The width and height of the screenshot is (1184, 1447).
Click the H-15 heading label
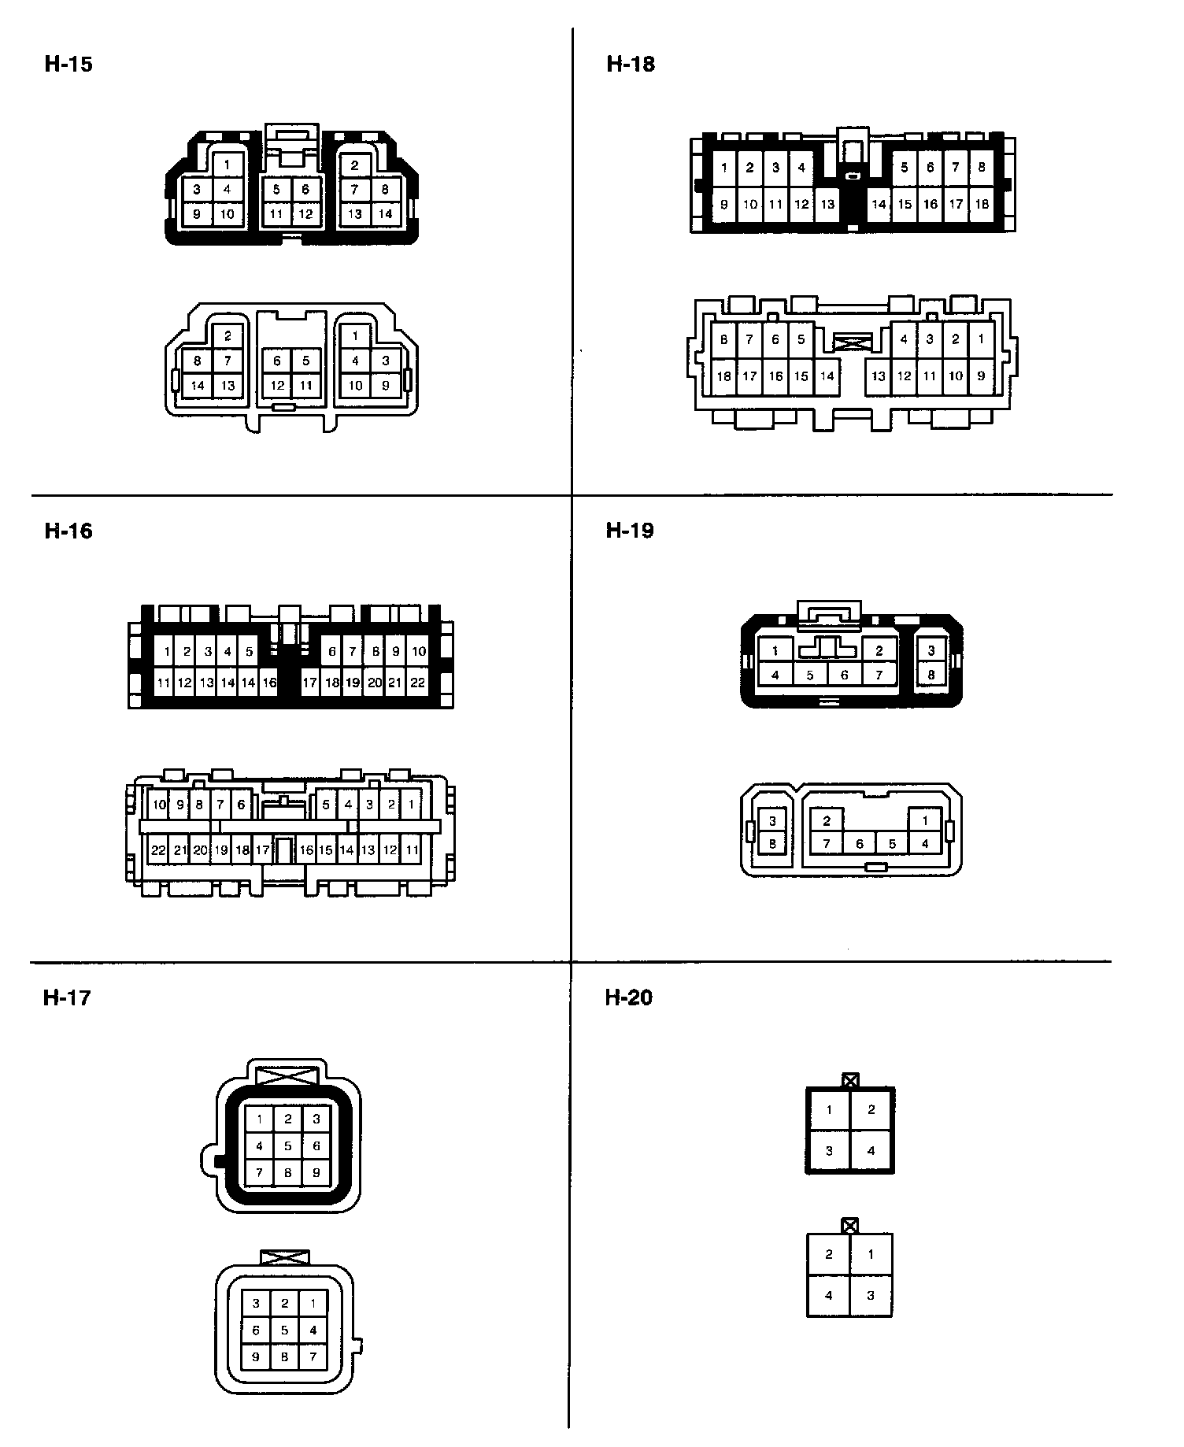pyautogui.click(x=68, y=64)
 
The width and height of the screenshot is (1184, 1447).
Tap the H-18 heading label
pyautogui.click(x=631, y=64)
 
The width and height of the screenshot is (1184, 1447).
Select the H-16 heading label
pyautogui.click(x=68, y=531)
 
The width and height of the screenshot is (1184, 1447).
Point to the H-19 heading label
pyautogui.click(x=630, y=530)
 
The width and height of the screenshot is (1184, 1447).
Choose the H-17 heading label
pyautogui.click(x=68, y=997)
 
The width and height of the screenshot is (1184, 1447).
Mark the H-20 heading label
pyautogui.click(x=629, y=997)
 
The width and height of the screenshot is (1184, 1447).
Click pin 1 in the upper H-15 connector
pyautogui.click(x=228, y=165)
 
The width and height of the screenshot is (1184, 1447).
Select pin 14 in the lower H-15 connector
pyautogui.click(x=198, y=385)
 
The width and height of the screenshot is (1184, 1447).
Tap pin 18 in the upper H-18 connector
pyautogui.click(x=982, y=204)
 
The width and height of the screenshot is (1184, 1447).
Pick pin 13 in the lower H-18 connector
pyautogui.click(x=879, y=376)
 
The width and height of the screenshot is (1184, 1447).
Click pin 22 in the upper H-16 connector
pyautogui.click(x=418, y=683)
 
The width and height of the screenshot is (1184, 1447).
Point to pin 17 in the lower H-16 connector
pyautogui.click(x=263, y=850)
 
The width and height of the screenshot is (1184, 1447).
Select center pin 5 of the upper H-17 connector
pyautogui.click(x=288, y=1145)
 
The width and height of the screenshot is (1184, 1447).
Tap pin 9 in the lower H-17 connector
pyautogui.click(x=256, y=1356)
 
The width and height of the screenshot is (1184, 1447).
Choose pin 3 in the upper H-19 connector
pyautogui.click(x=931, y=650)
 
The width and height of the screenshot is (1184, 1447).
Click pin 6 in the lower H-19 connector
pyautogui.click(x=860, y=844)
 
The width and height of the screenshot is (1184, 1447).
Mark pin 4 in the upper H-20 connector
pyautogui.click(x=871, y=1150)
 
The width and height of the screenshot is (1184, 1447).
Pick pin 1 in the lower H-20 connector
pyautogui.click(x=871, y=1254)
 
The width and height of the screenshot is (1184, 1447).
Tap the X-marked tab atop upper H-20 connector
pyautogui.click(x=849, y=1080)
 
